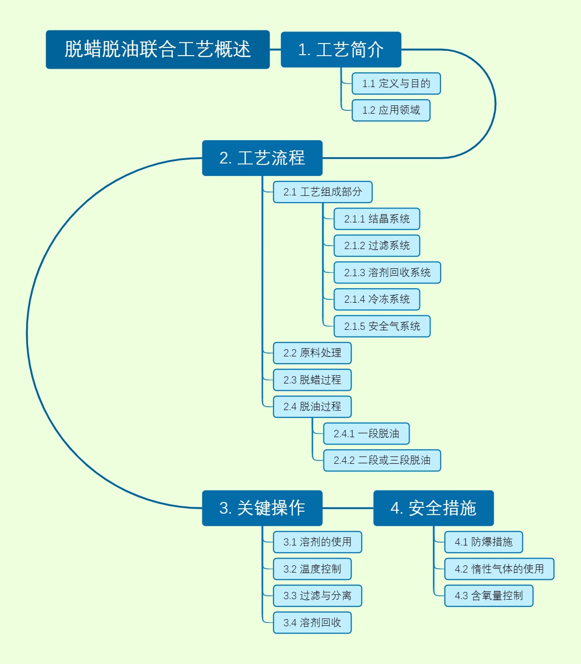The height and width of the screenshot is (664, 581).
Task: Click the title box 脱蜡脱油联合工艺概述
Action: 158,49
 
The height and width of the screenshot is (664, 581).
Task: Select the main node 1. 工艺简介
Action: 341,49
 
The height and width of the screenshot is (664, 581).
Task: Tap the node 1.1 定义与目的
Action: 396,83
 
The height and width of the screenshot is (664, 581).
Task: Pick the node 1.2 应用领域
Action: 391,110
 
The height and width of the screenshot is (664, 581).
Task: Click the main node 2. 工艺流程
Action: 262,158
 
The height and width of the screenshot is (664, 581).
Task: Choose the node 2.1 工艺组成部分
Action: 322,192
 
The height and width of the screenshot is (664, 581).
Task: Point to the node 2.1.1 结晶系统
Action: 377,219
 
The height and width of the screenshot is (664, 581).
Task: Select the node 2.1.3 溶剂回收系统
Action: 387,272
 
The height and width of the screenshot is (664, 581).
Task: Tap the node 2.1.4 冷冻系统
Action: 377,299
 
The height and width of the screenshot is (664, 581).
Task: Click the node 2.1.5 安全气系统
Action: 382,326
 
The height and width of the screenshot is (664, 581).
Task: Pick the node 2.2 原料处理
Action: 312,353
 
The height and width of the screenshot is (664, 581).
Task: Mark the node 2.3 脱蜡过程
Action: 312,380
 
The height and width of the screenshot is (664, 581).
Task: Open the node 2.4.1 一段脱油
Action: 367,433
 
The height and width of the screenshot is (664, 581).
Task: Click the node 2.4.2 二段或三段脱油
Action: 382,460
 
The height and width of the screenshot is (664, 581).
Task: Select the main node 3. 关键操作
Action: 262,508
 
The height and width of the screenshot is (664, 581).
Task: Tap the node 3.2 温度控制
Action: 312,569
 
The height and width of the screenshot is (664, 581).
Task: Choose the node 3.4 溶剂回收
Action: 312,622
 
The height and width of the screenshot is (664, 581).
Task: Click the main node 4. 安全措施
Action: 433,508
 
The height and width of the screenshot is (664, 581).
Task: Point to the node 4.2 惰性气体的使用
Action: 499,569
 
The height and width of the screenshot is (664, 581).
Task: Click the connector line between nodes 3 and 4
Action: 348,508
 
